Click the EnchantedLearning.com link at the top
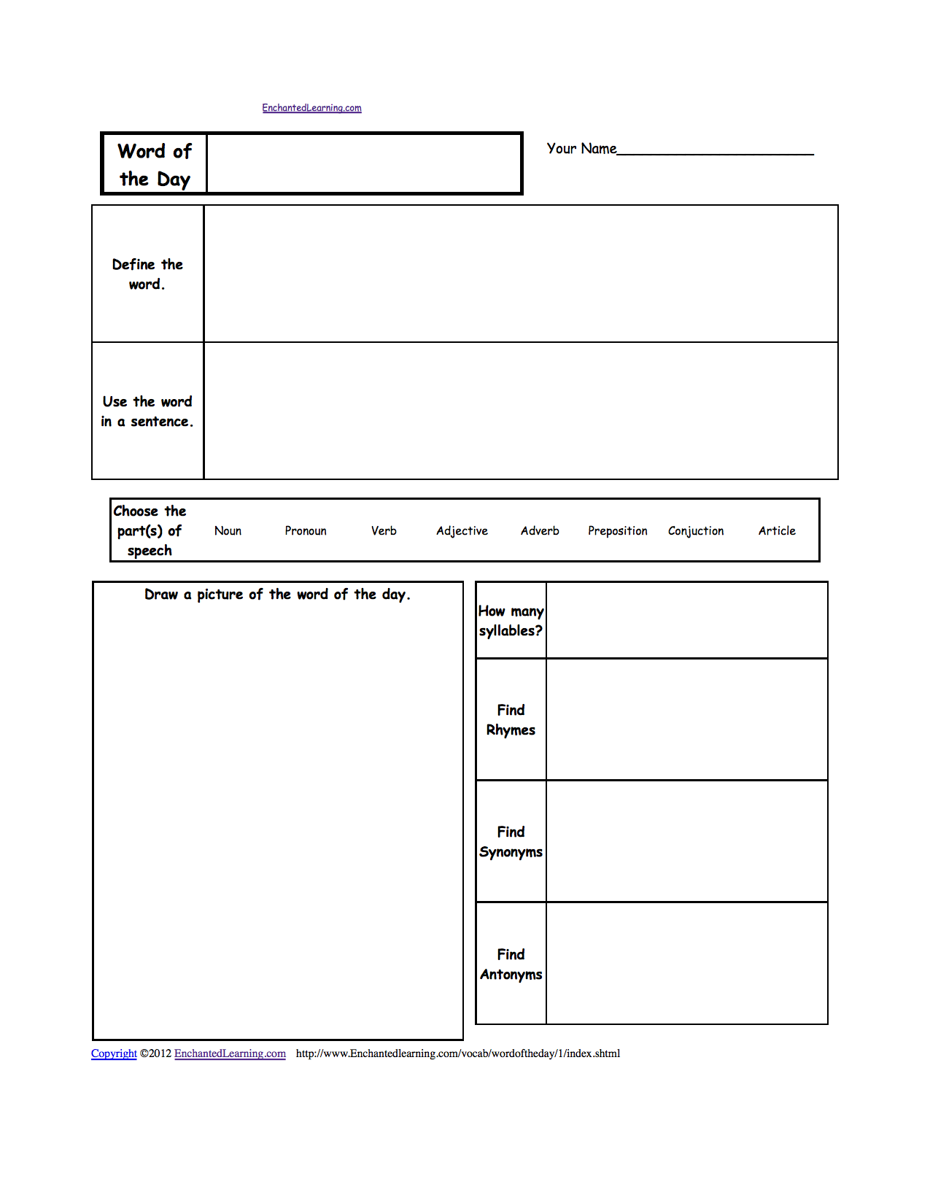(311, 108)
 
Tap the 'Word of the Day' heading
(155, 165)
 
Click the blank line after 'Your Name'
(715, 150)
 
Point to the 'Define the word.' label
(147, 274)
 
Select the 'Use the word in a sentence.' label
(147, 411)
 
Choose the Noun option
(228, 531)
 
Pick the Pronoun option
(306, 531)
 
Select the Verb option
(384, 531)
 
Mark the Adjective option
(462, 531)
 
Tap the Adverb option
(540, 531)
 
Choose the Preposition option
(618, 531)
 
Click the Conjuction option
(696, 531)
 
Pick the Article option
(777, 531)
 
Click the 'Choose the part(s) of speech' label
(150, 531)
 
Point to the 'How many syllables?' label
(511, 621)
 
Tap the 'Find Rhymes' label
(511, 720)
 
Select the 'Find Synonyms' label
(511, 842)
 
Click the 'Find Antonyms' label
(511, 964)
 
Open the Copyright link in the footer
(114, 1053)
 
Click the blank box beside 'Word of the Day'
(364, 164)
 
